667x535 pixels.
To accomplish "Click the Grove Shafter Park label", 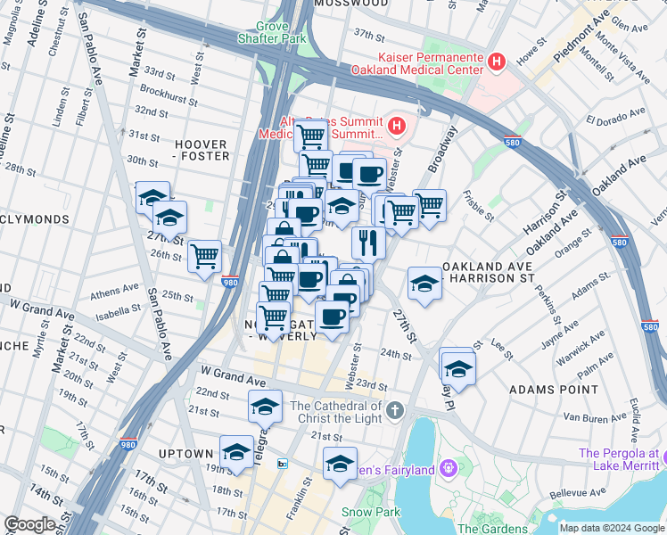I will (272, 33).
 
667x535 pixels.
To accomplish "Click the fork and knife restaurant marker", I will (368, 240).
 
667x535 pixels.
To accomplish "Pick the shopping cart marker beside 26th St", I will (205, 256).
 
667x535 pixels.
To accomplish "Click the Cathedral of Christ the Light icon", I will (395, 411).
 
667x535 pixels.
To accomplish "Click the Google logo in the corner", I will (29, 524).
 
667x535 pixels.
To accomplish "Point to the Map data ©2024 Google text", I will (612, 528).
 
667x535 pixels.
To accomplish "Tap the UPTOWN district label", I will (185, 454).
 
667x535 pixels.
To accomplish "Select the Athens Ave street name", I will (115, 289).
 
